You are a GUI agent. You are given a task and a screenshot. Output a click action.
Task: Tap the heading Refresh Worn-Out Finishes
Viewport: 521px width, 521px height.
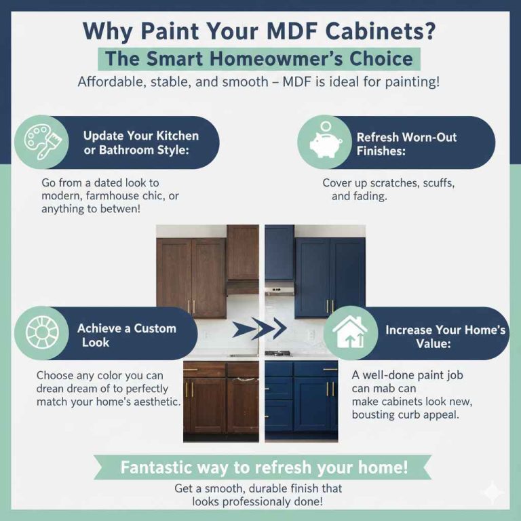pos(406,143)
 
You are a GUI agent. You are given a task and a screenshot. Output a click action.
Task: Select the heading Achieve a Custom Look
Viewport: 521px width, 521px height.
pos(126,335)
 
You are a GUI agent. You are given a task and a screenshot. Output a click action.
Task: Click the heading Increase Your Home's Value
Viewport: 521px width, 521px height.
pos(445,337)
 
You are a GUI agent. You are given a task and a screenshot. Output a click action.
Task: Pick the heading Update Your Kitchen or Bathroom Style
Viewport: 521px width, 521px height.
pos(141,142)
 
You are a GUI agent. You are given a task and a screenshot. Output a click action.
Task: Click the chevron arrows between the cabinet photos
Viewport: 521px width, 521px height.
pos(259,330)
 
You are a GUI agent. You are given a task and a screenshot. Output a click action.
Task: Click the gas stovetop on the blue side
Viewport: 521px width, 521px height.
pos(278,353)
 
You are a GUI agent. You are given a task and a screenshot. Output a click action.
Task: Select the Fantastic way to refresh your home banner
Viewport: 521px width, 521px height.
pos(264,467)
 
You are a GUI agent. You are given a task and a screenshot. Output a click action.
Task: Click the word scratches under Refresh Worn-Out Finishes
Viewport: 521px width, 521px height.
pos(387,183)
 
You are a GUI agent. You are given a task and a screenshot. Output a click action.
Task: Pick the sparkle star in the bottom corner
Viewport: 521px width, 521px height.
pos(493,494)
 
